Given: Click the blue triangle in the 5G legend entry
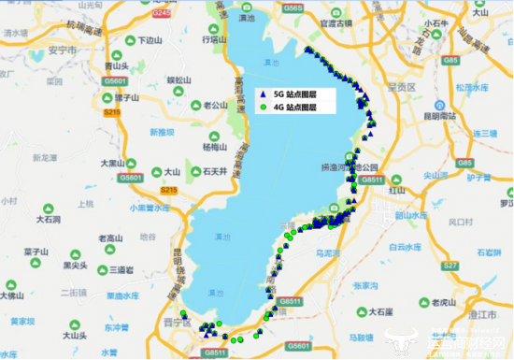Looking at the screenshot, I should pyautogui.click(x=265, y=96).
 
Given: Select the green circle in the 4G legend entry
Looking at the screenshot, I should pyautogui.click(x=265, y=108).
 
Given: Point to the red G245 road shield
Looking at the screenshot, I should pyautogui.click(x=163, y=15).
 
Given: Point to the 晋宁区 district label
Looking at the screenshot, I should pyautogui.click(x=174, y=323).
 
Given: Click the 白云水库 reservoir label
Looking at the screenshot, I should pyautogui.click(x=404, y=248).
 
